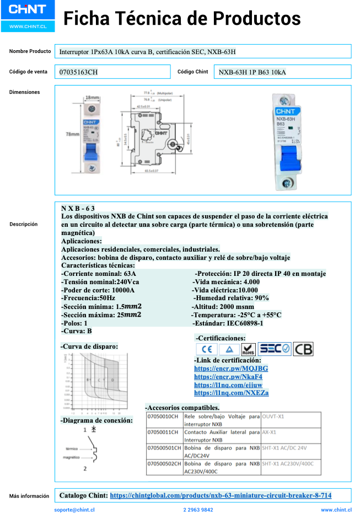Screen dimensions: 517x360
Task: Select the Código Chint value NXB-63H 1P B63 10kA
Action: pos(252,72)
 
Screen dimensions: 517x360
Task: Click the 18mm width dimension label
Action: pos(92,98)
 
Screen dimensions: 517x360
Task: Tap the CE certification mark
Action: pos(207,349)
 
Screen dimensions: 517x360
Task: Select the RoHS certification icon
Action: pos(249,349)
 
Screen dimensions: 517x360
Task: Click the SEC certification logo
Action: pos(274,349)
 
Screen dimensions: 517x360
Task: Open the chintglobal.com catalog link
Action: pos(221,495)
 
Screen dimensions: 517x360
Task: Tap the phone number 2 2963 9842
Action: pos(198,510)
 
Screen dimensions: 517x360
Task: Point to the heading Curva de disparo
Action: pos(89,347)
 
